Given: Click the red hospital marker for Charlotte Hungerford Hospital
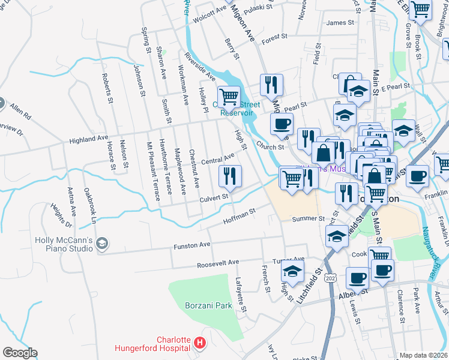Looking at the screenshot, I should [x=200, y=344].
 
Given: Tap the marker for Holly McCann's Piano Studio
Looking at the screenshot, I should [x=101, y=243].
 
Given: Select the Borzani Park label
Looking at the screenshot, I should [x=208, y=305].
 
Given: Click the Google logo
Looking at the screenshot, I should [x=20, y=353].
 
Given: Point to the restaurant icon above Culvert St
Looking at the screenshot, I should [x=230, y=176].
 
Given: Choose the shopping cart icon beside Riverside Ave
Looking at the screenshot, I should [x=229, y=96].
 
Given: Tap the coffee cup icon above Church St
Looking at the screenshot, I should [x=281, y=124].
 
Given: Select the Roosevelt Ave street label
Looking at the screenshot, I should [x=217, y=262].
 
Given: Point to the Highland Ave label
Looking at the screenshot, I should [x=89, y=139].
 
